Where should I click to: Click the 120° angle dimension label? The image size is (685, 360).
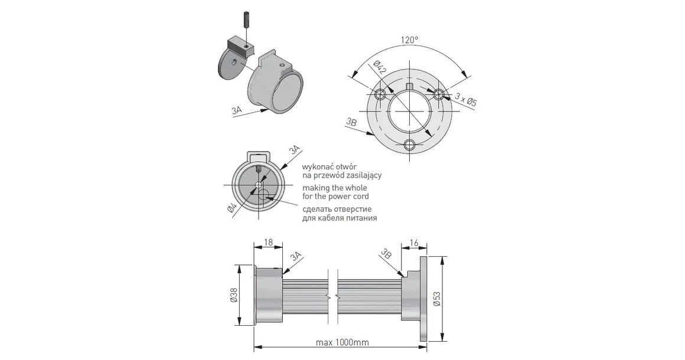point(409,40)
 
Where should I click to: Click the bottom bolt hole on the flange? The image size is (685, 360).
point(409,145)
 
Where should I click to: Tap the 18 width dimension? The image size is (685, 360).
point(268,243)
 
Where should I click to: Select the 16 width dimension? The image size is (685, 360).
point(413,243)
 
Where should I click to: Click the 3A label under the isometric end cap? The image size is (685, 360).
point(238,110)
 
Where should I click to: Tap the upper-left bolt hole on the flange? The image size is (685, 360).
point(381,95)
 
